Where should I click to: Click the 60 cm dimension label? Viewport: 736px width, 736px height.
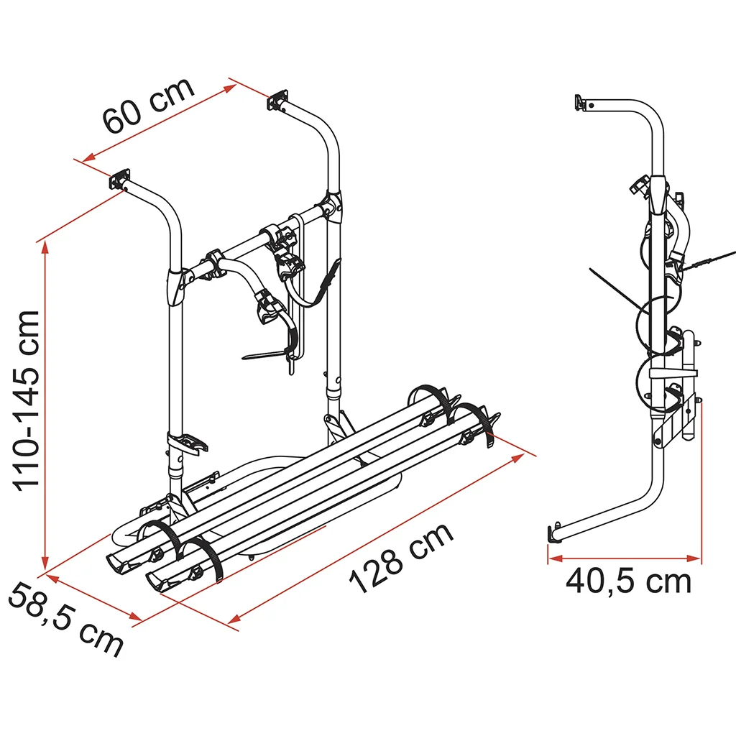pos(148,104)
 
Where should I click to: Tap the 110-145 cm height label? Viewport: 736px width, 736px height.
pos(27,401)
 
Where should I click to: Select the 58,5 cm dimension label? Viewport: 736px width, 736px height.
pos(65,619)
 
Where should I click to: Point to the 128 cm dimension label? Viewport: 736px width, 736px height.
pos(401,558)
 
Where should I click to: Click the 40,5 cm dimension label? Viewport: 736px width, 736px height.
pos(628,582)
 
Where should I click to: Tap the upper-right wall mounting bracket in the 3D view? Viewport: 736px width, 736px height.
pos(278,101)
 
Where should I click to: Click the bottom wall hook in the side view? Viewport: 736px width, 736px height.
pos(553,533)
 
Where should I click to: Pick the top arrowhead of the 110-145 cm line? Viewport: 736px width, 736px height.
pos(45,247)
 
